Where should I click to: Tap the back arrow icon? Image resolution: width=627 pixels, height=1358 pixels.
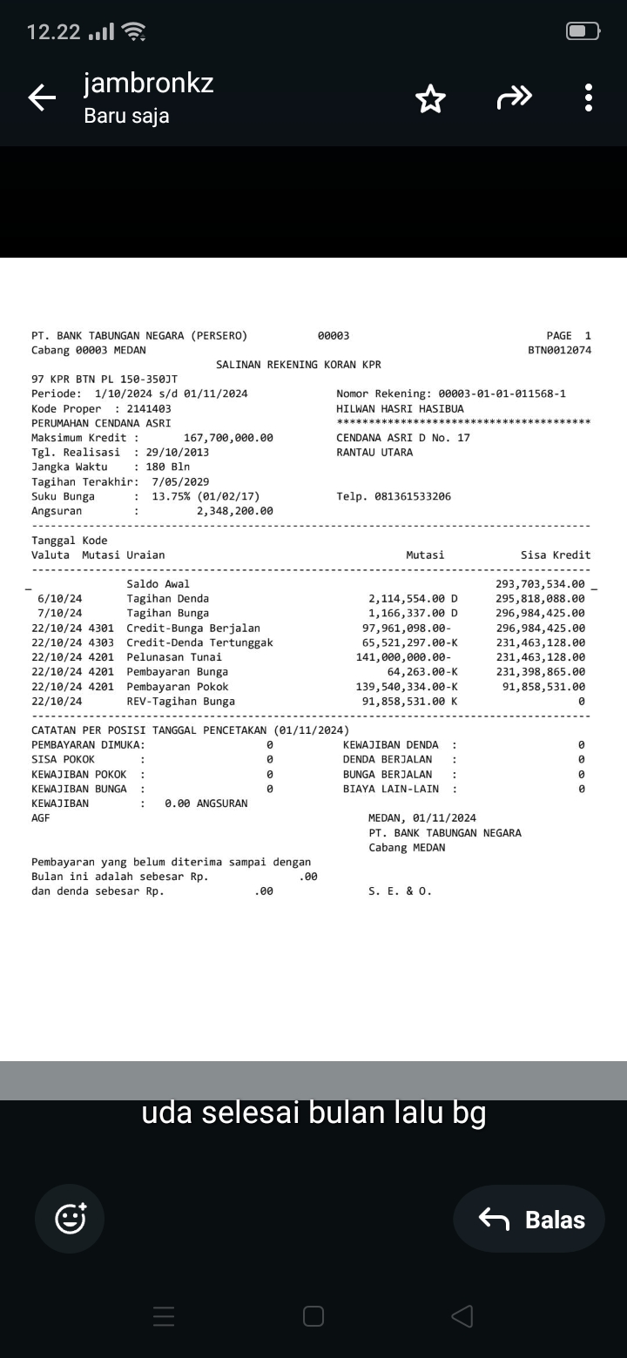point(42,98)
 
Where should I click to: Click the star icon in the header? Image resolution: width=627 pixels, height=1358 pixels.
point(430,99)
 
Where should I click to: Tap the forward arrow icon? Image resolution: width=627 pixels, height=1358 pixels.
point(514,98)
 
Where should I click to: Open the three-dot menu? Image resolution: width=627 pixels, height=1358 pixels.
point(589,98)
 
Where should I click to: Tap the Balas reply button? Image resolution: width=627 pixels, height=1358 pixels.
point(529,1220)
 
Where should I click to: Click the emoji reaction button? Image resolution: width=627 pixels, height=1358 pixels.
point(70,1219)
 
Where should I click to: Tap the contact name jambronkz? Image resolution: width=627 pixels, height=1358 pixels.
point(148,84)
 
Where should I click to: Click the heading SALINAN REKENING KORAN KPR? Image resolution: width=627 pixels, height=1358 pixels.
point(298,365)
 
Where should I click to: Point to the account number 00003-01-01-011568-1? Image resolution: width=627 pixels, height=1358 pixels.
point(502,393)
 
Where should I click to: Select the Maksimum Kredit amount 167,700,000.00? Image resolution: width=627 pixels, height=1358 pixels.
point(228,438)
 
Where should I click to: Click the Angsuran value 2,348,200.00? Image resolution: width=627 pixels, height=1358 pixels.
point(234,511)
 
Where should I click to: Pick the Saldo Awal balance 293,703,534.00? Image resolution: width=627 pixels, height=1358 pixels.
point(540,583)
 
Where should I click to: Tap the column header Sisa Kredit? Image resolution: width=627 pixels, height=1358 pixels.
point(556,555)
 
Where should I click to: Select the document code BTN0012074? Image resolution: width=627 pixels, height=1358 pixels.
point(559,350)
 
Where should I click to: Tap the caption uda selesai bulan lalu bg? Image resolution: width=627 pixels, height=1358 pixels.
point(313,1113)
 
